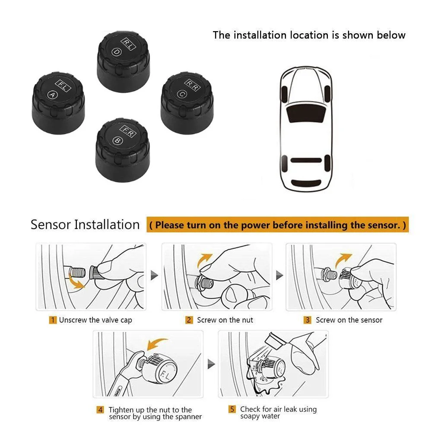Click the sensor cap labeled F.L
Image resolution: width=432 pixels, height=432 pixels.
point(58,103)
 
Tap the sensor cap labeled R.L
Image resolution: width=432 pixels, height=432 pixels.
point(124,61)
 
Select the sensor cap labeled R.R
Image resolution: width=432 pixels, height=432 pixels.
point(187,103)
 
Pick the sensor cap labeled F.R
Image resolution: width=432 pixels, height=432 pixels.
point(123,150)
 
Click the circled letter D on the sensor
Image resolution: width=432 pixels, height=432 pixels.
point(117,52)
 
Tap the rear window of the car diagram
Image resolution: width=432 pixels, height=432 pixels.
point(306,160)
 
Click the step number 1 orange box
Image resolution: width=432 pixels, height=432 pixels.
point(53,320)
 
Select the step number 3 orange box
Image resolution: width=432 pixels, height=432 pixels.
point(308,320)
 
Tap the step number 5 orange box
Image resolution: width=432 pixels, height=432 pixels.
point(232,409)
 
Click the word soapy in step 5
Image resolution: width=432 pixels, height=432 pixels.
point(250,416)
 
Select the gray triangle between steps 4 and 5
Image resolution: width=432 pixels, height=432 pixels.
point(211,364)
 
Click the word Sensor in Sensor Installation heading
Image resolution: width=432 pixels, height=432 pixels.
point(51,225)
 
